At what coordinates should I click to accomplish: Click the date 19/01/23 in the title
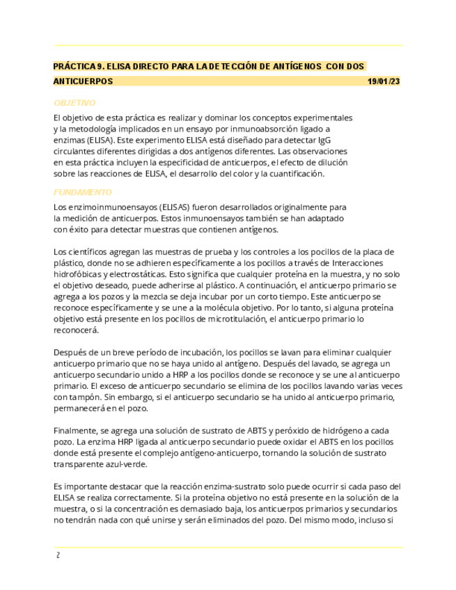tap(384, 81)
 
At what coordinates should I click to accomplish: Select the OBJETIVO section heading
tap(74, 103)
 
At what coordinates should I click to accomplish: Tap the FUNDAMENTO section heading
tap(82, 192)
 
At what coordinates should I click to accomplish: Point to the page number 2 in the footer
tap(58, 555)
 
